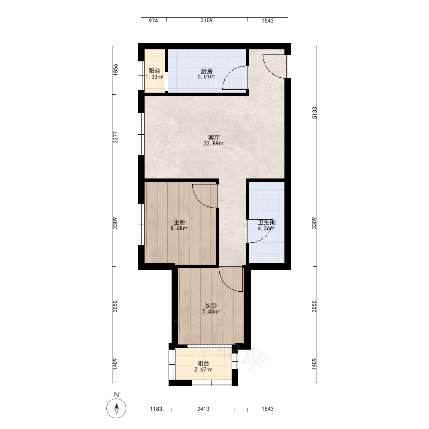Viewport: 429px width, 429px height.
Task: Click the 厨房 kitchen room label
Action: click(207, 71)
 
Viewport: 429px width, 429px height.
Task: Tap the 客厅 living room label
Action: click(214, 137)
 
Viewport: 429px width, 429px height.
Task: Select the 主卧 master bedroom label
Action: click(180, 222)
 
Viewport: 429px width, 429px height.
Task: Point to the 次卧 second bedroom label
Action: click(211, 305)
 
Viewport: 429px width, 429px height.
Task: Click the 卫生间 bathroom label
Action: click(267, 222)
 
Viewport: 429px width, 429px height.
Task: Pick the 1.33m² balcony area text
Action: click(154, 77)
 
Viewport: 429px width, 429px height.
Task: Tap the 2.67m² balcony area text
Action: click(203, 370)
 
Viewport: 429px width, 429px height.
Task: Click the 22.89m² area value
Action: click(214, 143)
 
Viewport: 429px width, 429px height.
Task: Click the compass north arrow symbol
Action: click(117, 408)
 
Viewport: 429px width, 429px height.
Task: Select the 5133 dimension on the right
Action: click(314, 113)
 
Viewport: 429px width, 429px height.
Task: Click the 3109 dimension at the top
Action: click(207, 20)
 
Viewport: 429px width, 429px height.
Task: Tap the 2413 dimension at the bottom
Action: click(203, 409)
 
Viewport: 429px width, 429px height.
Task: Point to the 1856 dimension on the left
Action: click(115, 69)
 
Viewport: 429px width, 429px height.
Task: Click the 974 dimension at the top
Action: click(153, 21)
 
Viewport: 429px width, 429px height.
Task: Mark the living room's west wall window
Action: click(141, 134)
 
